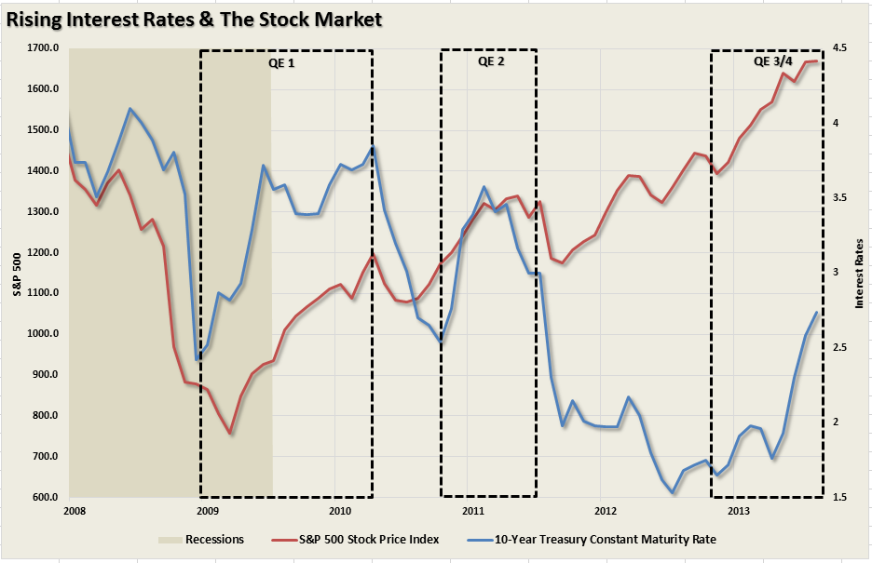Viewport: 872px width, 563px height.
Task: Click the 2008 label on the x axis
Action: [74, 511]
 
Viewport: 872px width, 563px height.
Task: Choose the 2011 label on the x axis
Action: [472, 511]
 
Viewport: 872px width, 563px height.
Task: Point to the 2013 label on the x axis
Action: [738, 511]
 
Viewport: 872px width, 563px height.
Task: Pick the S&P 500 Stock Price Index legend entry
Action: [369, 538]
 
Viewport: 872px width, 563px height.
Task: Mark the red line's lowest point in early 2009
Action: [229, 434]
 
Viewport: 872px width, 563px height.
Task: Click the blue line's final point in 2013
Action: [817, 313]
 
